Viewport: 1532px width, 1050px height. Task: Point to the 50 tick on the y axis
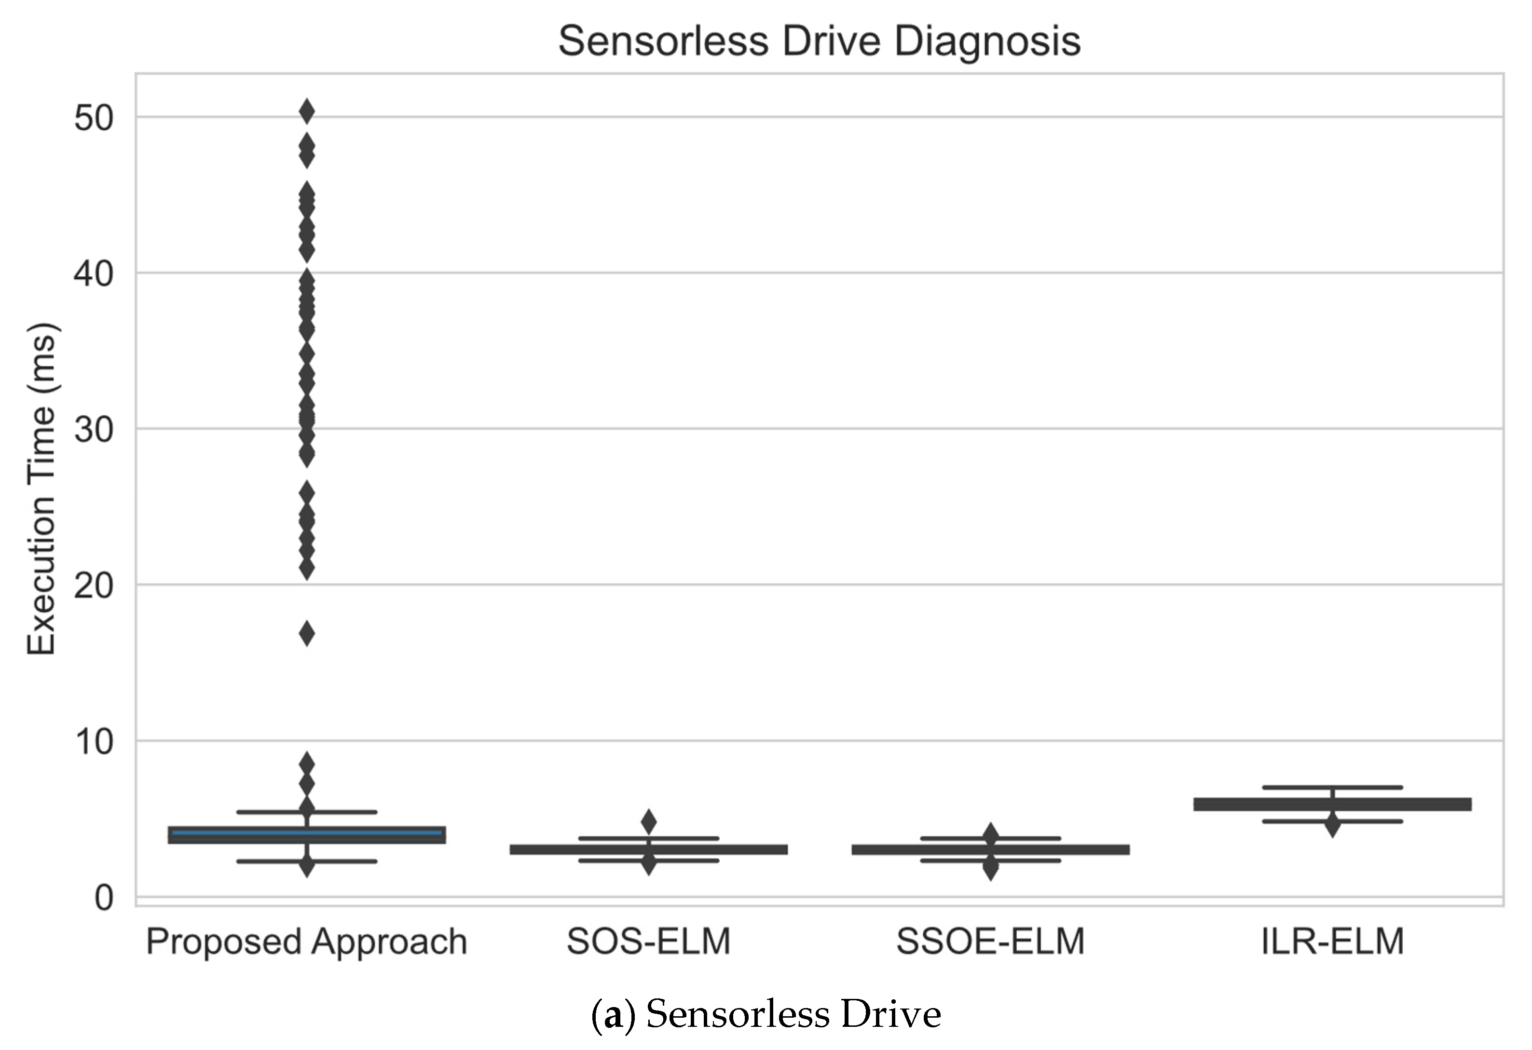click(94, 119)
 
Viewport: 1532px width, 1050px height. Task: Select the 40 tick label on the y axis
click(94, 273)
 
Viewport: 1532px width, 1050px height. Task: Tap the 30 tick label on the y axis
click(94, 430)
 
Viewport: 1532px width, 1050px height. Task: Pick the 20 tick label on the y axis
click(94, 586)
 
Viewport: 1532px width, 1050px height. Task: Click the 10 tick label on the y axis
click(94, 741)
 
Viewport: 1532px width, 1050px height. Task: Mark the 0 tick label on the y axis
click(104, 898)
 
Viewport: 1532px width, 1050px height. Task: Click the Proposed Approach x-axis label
click(306, 941)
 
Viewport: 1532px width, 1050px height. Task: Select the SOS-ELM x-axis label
click(649, 941)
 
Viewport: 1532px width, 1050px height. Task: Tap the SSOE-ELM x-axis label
click(990, 941)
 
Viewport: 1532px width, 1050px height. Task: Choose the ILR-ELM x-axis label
click(1332, 941)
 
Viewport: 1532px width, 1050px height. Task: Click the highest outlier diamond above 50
click(306, 112)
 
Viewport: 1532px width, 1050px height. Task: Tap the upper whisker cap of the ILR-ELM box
click(1332, 787)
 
